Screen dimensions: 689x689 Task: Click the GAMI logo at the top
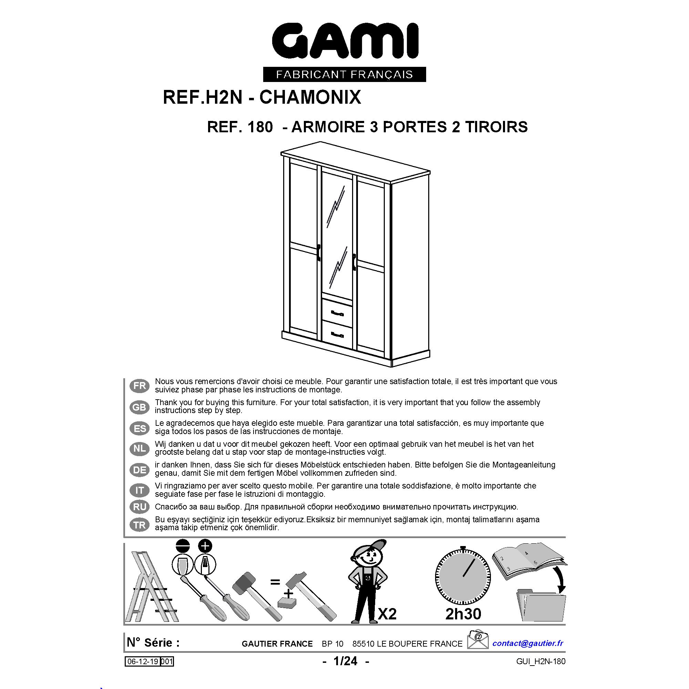coord(344,42)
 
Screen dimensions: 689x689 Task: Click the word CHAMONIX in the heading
coord(310,97)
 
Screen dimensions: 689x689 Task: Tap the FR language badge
coord(140,385)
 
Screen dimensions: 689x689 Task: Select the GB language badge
coord(140,407)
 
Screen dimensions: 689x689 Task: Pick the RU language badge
coord(140,506)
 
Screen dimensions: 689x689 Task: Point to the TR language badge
coord(140,525)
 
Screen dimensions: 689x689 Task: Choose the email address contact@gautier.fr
coord(527,643)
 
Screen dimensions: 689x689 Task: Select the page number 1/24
coord(345,661)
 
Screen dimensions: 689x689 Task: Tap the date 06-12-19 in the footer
coord(143,661)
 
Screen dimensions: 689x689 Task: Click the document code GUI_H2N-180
coord(540,661)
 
